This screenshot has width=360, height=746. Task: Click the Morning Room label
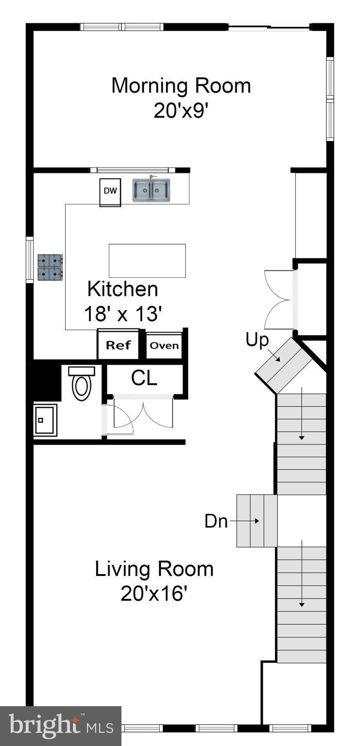click(181, 86)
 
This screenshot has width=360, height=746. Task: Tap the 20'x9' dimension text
click(181, 111)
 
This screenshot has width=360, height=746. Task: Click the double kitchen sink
click(152, 190)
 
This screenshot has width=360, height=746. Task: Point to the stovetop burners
click(50, 267)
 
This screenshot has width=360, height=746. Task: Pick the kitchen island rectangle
click(147, 261)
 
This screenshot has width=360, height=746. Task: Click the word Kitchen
click(122, 289)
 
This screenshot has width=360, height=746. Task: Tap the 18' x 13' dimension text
click(122, 314)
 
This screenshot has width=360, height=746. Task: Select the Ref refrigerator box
click(118, 345)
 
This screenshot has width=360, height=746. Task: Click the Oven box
click(164, 346)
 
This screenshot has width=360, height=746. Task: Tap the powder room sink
click(45, 420)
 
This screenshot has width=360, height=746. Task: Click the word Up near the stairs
click(257, 340)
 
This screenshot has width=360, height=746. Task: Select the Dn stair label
click(216, 521)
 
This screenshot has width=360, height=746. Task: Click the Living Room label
click(154, 569)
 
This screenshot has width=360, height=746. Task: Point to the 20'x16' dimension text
click(154, 593)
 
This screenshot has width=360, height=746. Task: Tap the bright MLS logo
click(60, 726)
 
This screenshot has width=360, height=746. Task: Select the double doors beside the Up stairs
click(278, 300)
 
